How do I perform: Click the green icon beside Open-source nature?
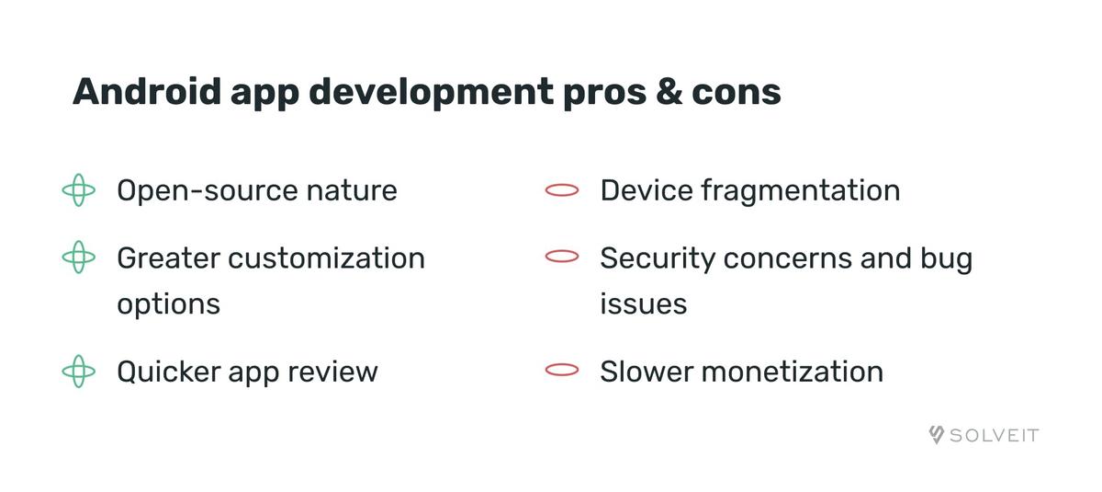coord(79,191)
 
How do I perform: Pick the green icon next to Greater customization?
coord(79,258)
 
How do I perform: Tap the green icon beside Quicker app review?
coord(79,372)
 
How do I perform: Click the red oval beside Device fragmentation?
coord(562,191)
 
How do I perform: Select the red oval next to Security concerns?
coord(562,258)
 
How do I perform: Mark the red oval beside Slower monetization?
coord(562,372)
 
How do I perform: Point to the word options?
coord(168,304)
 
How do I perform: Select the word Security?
coord(658,258)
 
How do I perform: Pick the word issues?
coord(643,303)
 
